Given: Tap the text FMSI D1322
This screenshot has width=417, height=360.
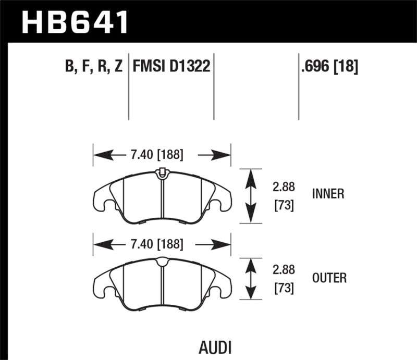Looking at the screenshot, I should [x=172, y=67].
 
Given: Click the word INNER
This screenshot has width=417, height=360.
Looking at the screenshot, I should [x=328, y=194].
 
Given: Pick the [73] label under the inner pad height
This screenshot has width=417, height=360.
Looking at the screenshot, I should [x=284, y=206].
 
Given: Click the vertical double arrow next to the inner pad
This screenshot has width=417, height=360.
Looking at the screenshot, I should [x=251, y=196].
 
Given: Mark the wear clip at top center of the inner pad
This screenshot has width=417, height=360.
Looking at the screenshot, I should [x=162, y=172].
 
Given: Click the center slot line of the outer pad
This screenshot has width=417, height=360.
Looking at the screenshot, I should [x=162, y=287].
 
